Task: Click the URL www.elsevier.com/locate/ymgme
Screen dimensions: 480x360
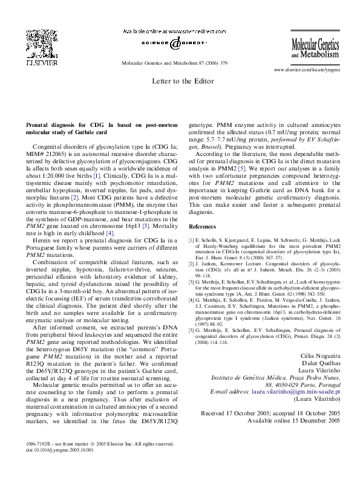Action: click(x=307, y=70)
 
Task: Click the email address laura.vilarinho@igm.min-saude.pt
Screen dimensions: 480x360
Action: click(x=295, y=392)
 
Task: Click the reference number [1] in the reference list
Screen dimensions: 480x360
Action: click(x=192, y=240)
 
